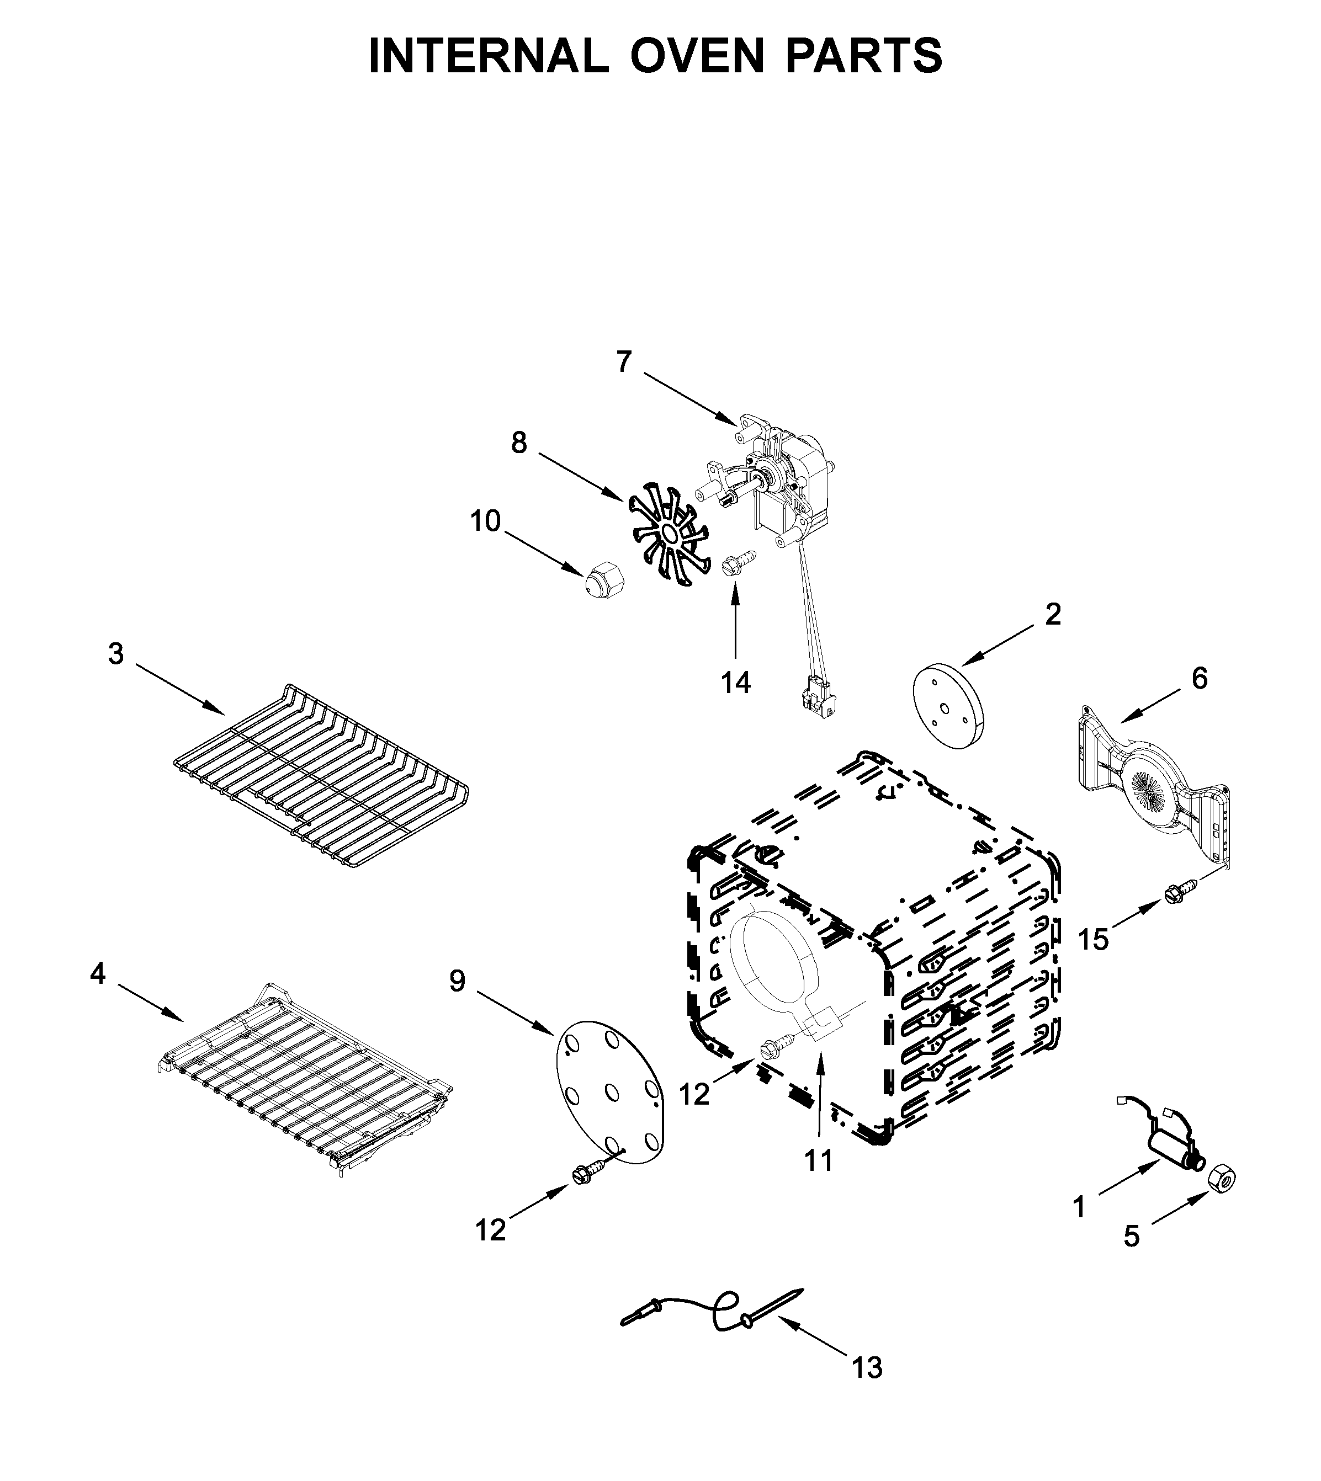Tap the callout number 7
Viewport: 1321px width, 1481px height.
(x=624, y=361)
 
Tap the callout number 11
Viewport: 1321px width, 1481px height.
(x=819, y=1161)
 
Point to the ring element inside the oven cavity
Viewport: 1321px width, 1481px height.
(x=775, y=962)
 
